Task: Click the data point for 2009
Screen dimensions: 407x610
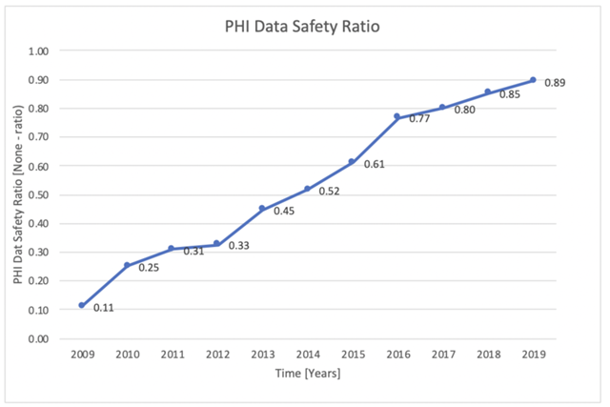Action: [82, 305]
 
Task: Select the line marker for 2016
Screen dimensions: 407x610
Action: [397, 116]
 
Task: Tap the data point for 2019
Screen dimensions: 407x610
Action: [533, 80]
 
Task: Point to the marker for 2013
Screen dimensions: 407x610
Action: [262, 208]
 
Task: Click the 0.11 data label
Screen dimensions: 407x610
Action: [104, 308]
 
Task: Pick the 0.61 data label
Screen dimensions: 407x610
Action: [374, 164]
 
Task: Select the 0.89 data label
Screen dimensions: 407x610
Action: [555, 84]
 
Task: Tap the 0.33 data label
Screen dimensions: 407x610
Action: [239, 246]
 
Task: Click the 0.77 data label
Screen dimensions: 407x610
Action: [419, 119]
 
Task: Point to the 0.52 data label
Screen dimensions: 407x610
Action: [329, 192]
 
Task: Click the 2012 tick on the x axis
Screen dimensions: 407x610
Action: [217, 354]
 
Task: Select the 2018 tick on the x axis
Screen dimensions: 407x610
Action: [488, 354]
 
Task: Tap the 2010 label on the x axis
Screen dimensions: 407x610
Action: [127, 354]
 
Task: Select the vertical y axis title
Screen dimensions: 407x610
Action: [18, 194]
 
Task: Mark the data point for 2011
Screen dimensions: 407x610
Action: [172, 248]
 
